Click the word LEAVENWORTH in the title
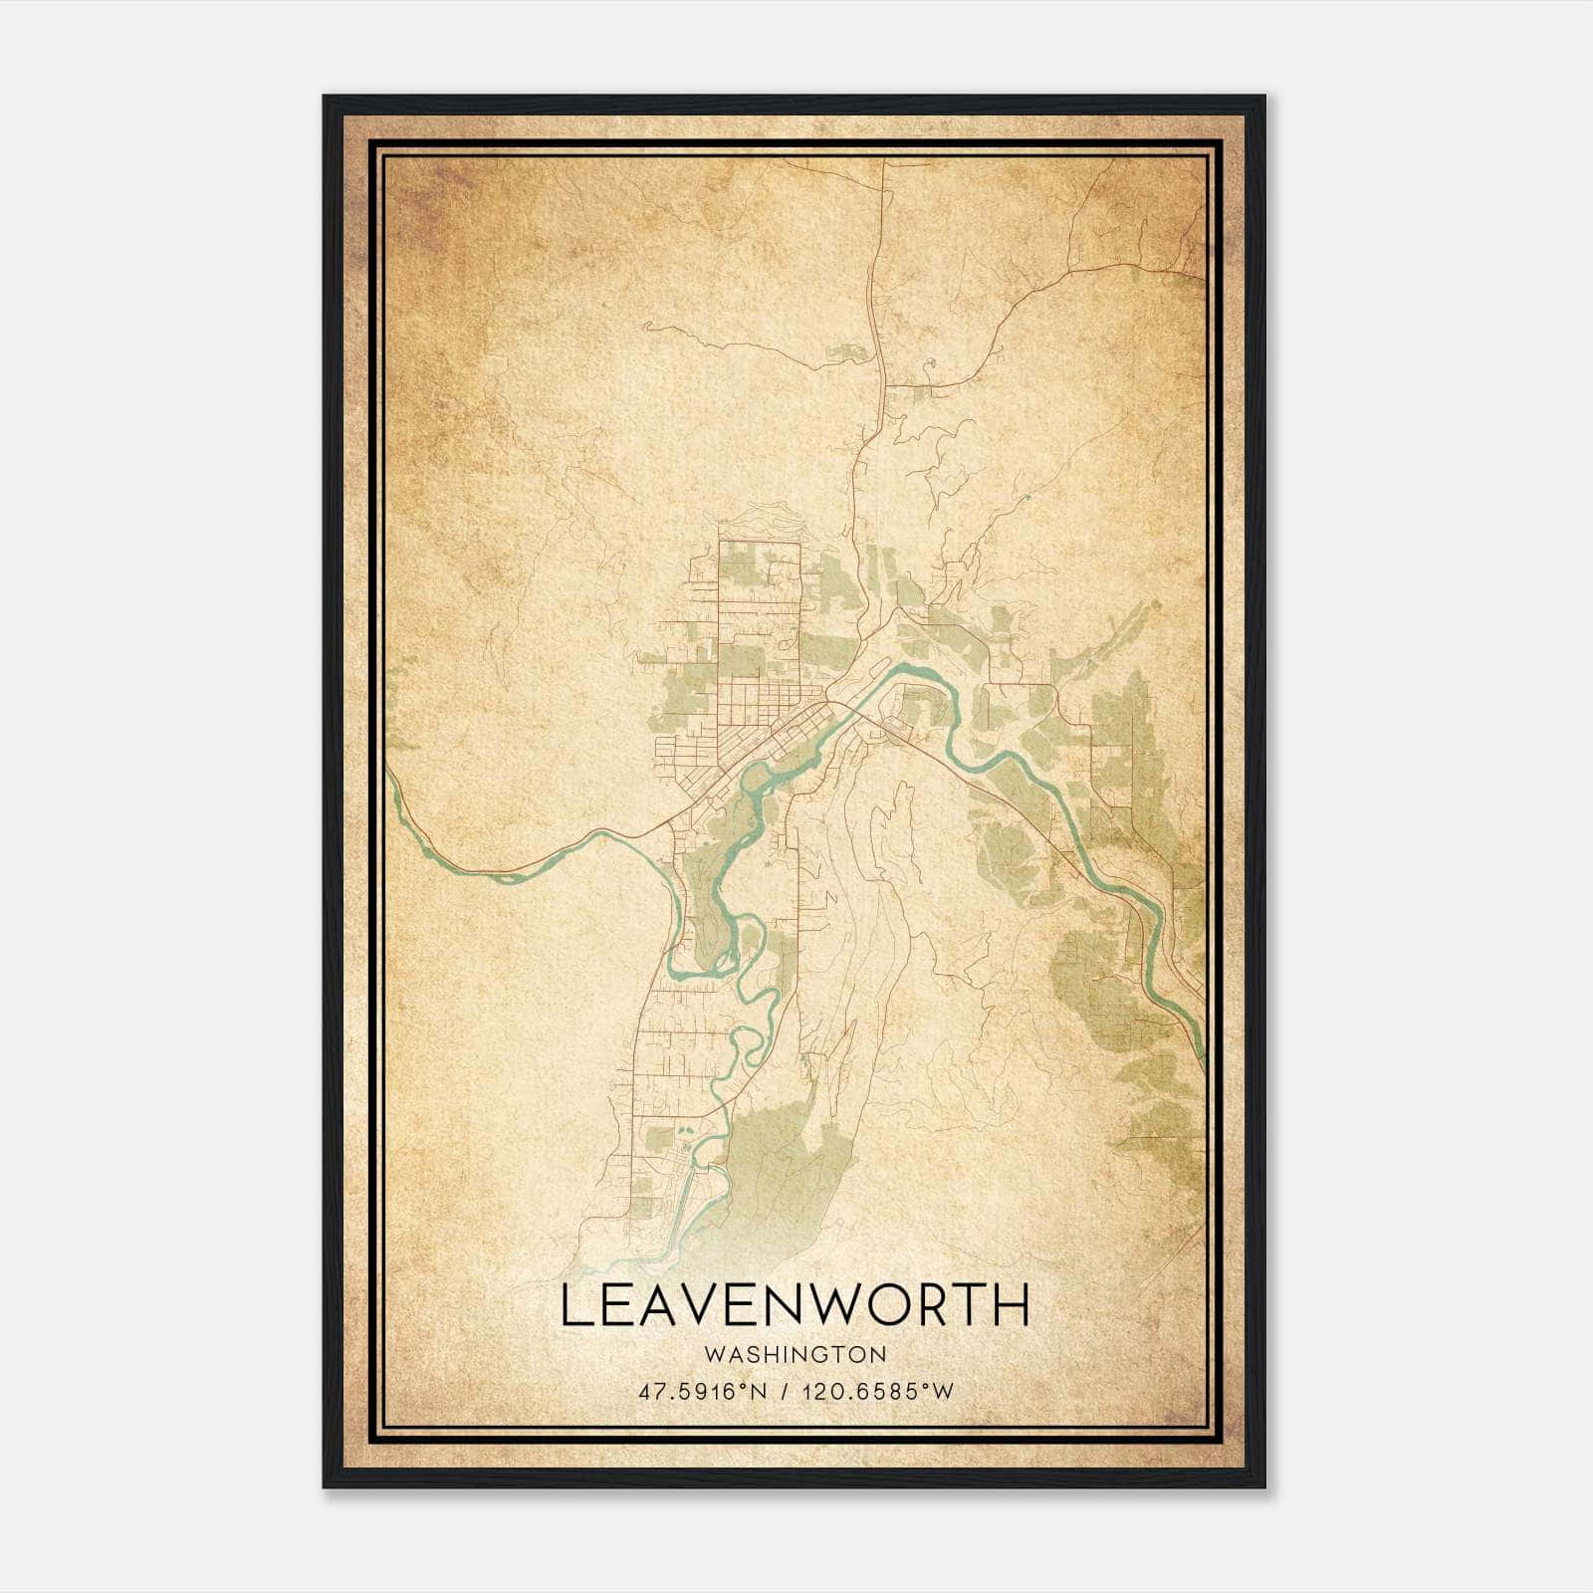[795, 1306]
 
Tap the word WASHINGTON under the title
[795, 1354]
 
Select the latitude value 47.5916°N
[703, 1392]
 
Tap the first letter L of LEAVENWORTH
[575, 1306]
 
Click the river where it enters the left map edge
[390, 782]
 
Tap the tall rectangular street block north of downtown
[759, 597]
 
